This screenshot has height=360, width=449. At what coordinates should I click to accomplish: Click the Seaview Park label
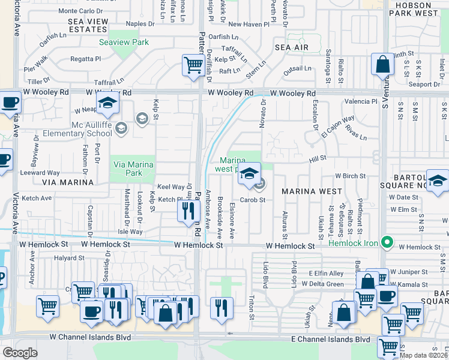click(124, 43)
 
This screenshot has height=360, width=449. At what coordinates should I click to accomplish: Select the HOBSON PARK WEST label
click(418, 9)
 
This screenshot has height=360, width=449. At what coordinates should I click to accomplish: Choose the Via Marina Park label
click(131, 169)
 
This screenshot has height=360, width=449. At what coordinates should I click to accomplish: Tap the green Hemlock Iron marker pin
click(388, 243)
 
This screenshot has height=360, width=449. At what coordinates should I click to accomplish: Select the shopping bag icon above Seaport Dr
click(382, 64)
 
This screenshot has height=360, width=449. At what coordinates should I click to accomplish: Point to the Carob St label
click(253, 200)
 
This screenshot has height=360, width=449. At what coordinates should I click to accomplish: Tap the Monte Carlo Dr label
click(85, 11)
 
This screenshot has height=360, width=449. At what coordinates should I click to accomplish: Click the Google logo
click(20, 353)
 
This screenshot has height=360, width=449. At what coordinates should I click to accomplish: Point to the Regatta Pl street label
click(85, 59)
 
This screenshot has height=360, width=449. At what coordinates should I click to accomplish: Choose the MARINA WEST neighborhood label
click(308, 191)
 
